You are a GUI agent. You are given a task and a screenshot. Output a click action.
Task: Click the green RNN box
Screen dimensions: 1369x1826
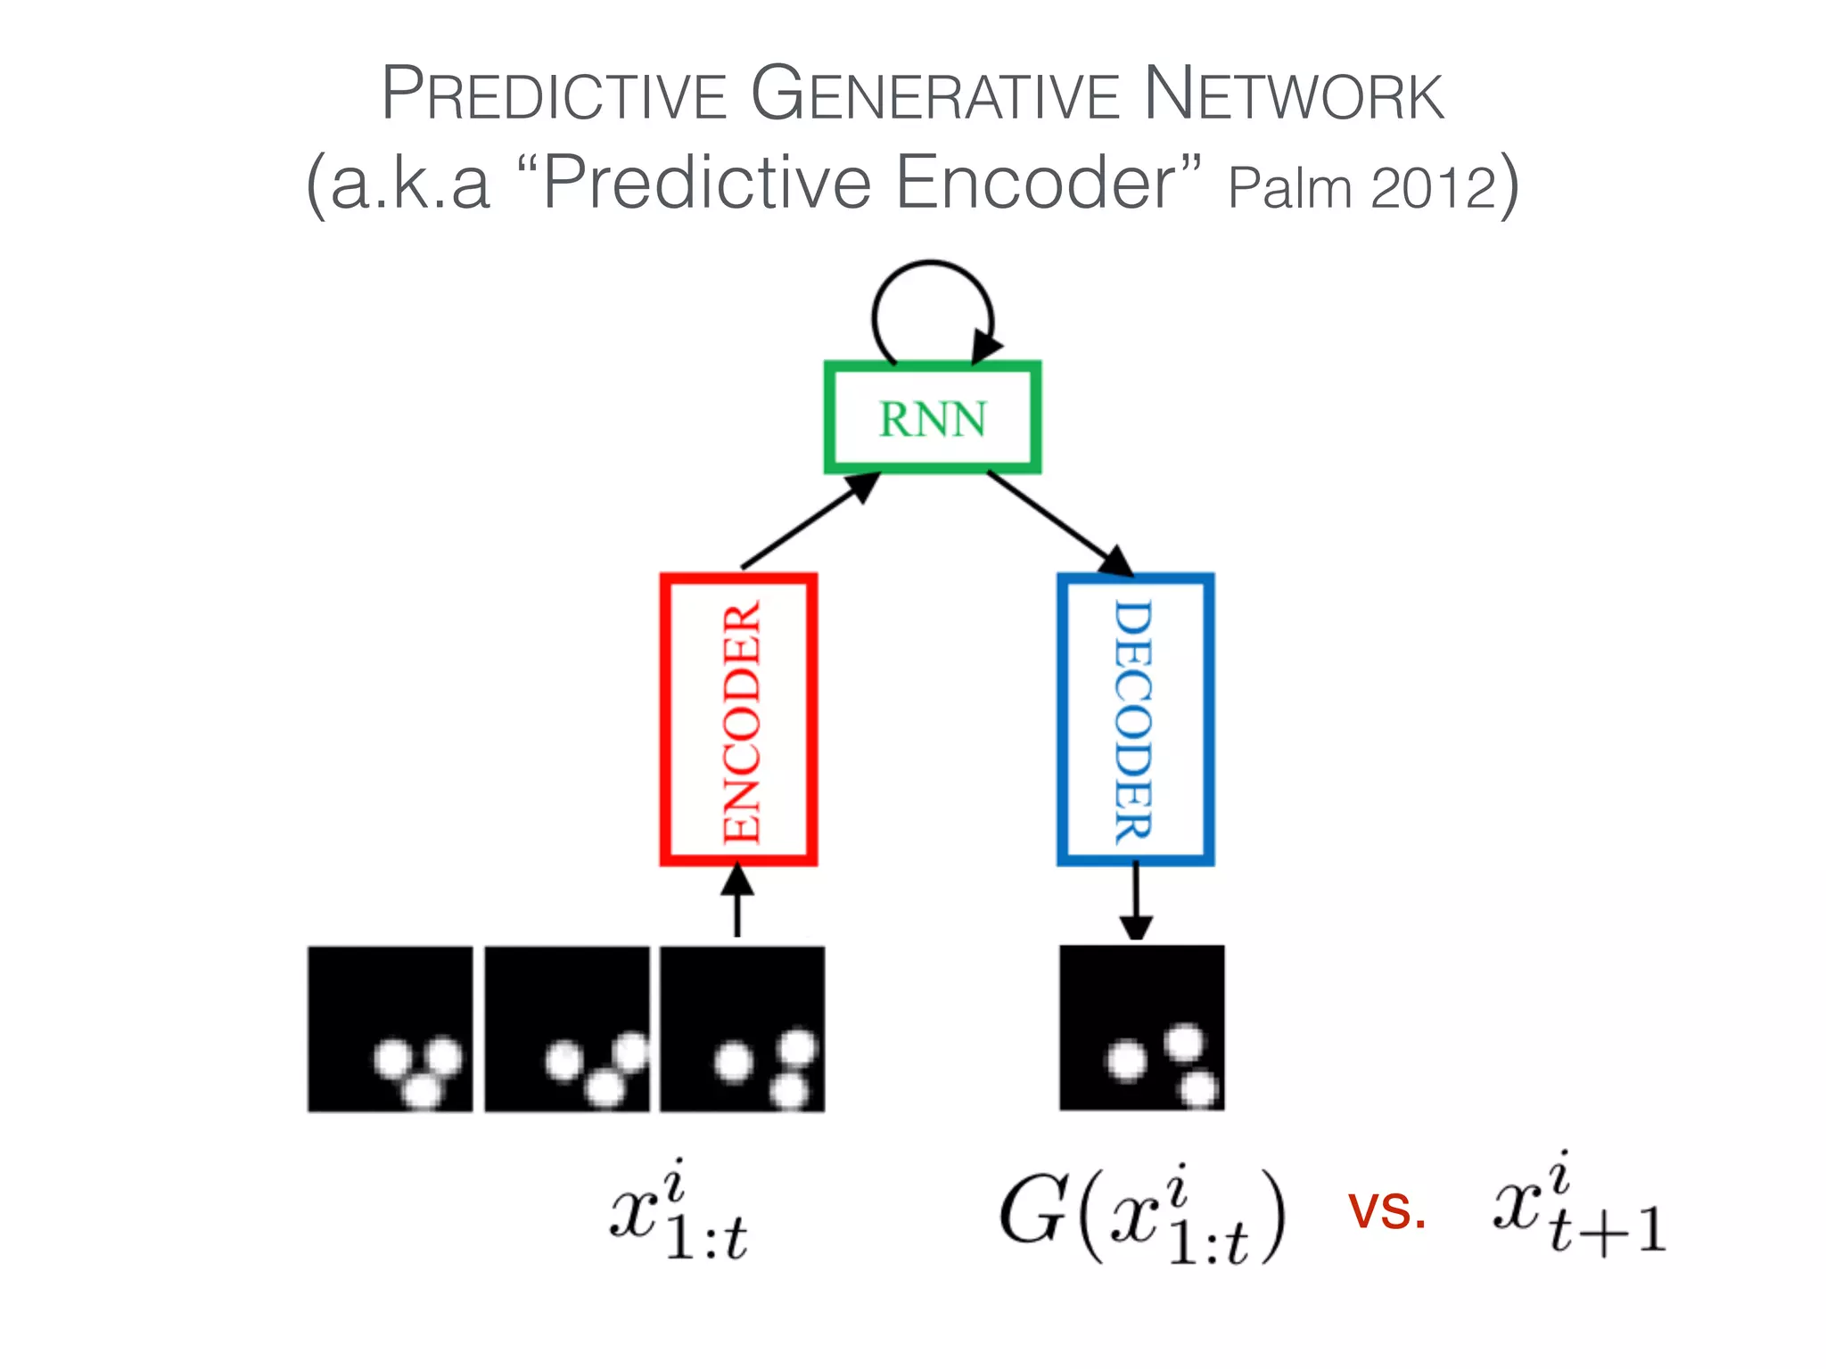[932, 417]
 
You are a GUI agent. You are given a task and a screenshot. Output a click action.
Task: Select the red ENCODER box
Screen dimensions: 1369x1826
[738, 719]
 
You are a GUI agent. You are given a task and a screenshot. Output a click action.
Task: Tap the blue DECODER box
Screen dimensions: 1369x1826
[1135, 719]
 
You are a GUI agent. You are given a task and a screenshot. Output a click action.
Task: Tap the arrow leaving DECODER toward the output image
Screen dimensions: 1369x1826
[1135, 900]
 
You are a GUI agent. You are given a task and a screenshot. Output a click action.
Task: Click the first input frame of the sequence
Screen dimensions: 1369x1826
[391, 1029]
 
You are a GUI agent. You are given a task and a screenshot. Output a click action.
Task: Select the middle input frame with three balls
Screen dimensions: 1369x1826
[567, 1029]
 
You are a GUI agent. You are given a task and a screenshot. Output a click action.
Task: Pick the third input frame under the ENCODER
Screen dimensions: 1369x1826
[742, 1029]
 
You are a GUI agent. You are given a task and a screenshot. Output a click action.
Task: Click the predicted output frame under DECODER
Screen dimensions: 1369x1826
[1141, 1028]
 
